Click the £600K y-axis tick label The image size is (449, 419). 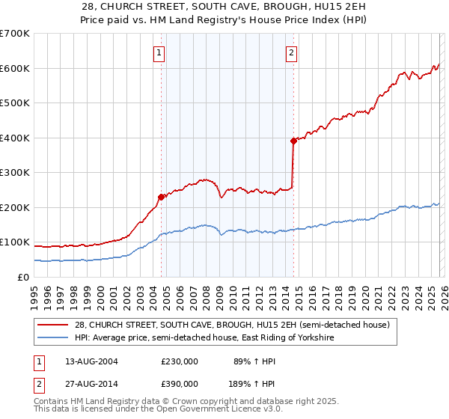pyautogui.click(x=15, y=68)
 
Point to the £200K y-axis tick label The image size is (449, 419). pyautogui.click(x=15, y=207)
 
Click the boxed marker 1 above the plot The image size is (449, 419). pyautogui.click(x=160, y=52)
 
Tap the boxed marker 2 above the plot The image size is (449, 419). pyautogui.click(x=291, y=52)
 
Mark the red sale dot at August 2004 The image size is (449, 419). pyautogui.click(x=161, y=197)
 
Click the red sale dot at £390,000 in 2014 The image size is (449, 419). pyautogui.click(x=293, y=141)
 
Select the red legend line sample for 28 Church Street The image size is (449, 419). pyautogui.click(x=54, y=325)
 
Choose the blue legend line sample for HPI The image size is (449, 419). pyautogui.click(x=54, y=338)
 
